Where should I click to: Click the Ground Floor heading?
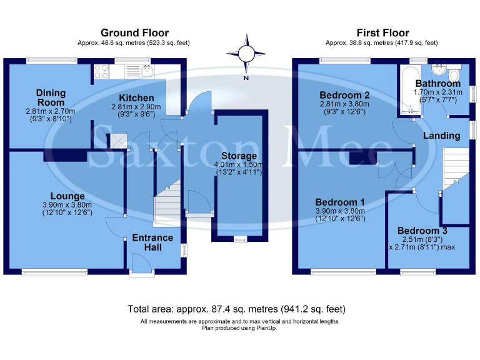(134, 32)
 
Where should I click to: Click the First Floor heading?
(382, 32)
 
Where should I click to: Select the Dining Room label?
(50, 97)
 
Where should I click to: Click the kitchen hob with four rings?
(101, 72)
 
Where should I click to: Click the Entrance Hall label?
(152, 242)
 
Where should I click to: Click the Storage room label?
(238, 156)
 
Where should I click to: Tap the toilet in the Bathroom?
(454, 76)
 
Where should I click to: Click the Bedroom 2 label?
(342, 95)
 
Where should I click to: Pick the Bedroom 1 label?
(340, 202)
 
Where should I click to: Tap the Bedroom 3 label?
(422, 231)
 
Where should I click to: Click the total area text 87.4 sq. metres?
(236, 309)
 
